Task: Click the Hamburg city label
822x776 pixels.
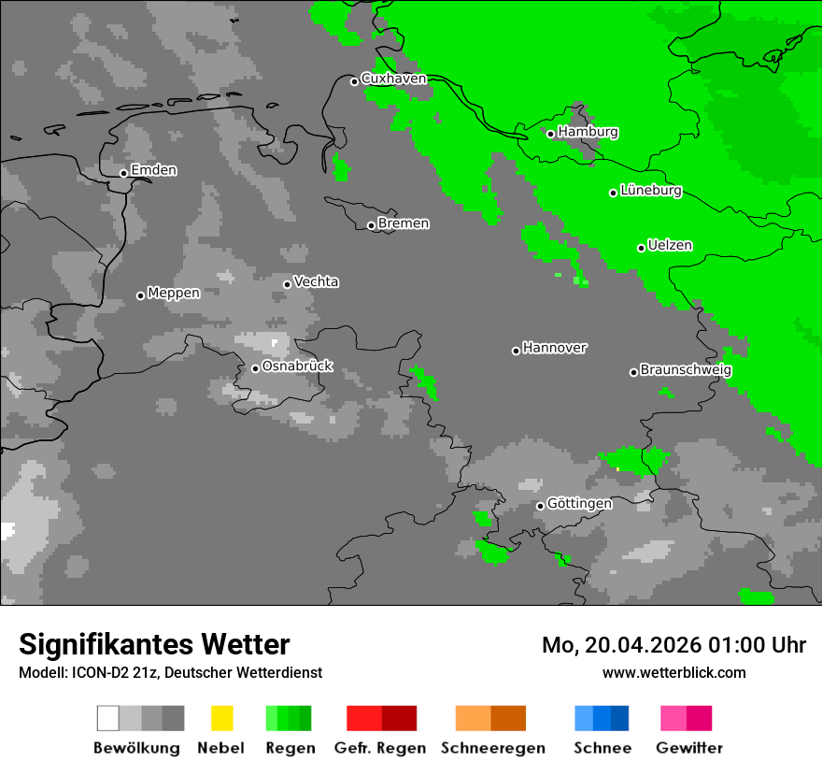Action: tap(588, 132)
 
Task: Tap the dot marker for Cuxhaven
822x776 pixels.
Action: tap(354, 81)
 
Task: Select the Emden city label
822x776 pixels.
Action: tap(153, 170)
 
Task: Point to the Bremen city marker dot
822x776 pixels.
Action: tap(371, 225)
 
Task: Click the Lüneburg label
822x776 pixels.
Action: tap(650, 191)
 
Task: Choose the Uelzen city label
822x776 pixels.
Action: tap(670, 246)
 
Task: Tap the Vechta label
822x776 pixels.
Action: tap(316, 281)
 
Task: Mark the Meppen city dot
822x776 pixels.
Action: tap(140, 295)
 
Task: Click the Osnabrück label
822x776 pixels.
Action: tap(297, 366)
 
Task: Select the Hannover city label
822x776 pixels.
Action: tap(554, 348)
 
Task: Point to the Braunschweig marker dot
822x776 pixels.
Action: tap(633, 372)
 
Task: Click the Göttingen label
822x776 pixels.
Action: tap(579, 504)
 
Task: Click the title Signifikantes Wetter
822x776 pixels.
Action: tap(154, 644)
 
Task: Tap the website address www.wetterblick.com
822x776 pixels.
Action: tap(673, 672)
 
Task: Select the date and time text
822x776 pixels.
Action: tap(673, 645)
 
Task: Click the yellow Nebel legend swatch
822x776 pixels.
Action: tap(221, 718)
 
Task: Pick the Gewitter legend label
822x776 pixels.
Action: tap(688, 748)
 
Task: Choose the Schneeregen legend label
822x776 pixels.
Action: tap(492, 748)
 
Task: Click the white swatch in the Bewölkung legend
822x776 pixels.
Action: tap(108, 718)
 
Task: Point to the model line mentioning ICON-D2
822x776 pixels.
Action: tap(170, 672)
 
